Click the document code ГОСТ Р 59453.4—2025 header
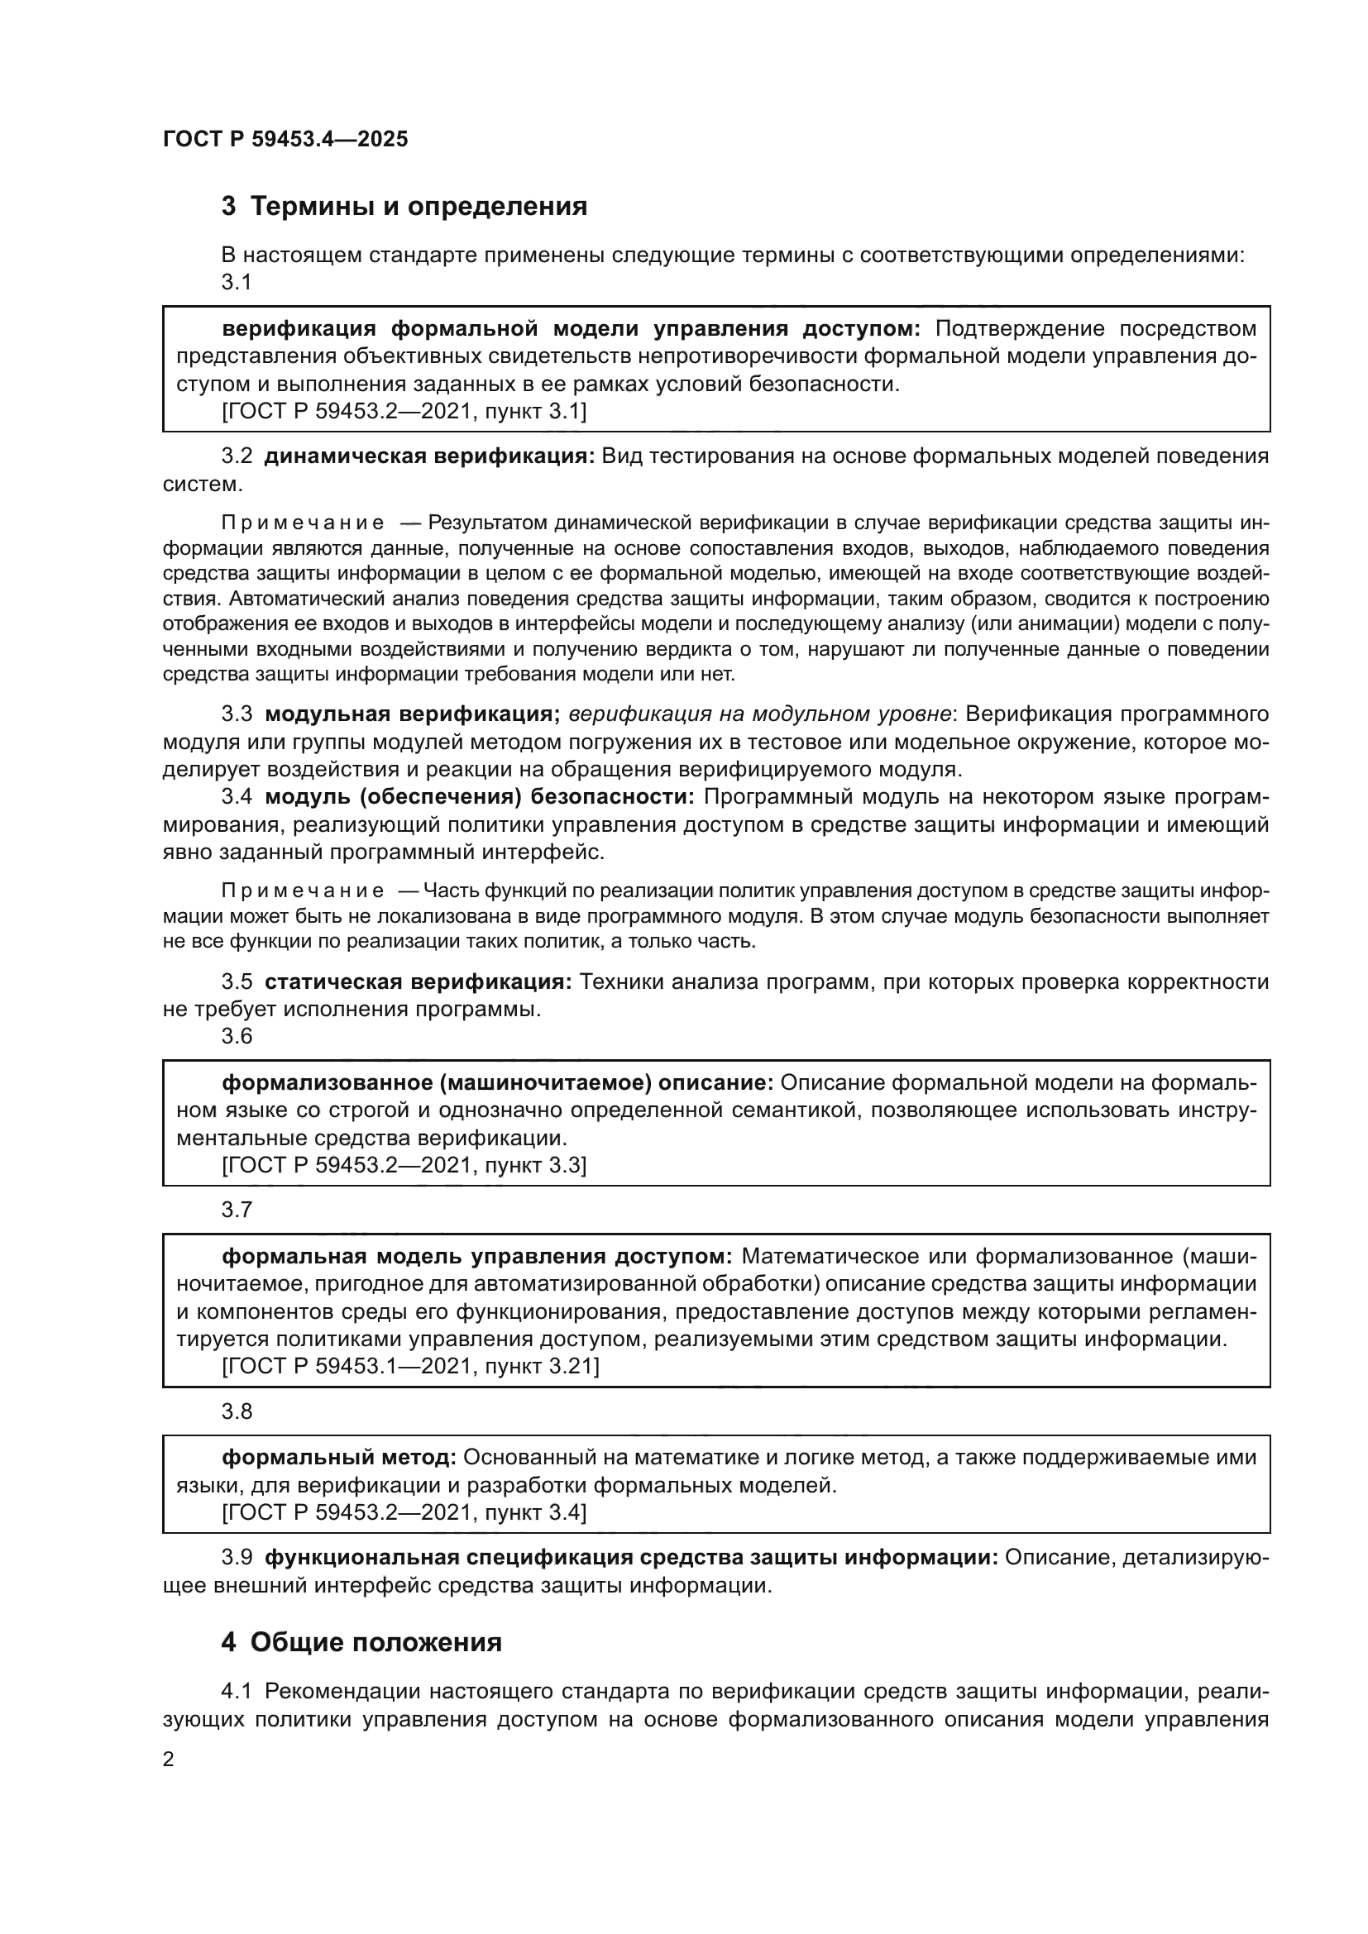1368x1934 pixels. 285,139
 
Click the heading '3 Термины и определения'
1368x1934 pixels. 404,207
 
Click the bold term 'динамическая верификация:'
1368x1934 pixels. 429,456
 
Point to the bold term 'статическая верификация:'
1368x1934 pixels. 418,981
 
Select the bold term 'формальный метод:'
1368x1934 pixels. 338,1456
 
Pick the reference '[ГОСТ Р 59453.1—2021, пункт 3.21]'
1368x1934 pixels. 410,1365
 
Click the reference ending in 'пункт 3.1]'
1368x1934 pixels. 404,412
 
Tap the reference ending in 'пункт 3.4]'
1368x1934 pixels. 404,1512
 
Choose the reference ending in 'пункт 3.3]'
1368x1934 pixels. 404,1165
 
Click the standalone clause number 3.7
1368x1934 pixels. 237,1211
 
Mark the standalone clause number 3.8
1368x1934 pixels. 237,1411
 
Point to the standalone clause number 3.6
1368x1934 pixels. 237,1036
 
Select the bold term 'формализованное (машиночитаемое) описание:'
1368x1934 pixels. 497,1082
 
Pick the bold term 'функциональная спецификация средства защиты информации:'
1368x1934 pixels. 631,1558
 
